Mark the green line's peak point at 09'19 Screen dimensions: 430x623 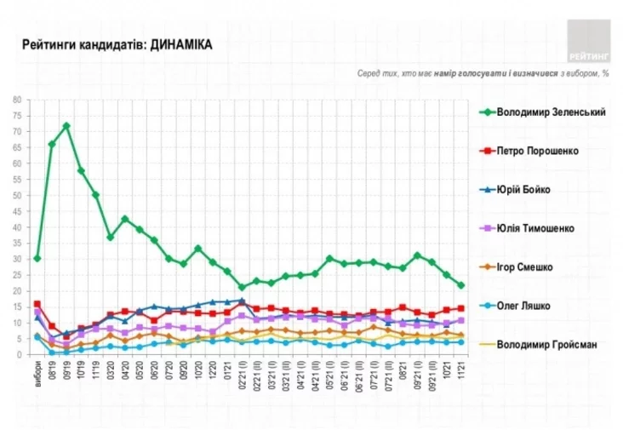coord(66,126)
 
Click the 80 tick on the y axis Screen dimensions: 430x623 coord(17,100)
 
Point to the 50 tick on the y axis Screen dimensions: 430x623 coord(17,195)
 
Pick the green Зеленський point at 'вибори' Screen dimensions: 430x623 coord(37,258)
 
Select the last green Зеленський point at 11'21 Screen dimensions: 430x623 coord(461,285)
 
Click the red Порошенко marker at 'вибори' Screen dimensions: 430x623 coord(37,304)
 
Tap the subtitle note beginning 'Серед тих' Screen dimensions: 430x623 coord(483,74)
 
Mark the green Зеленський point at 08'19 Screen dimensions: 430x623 coord(51,144)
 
